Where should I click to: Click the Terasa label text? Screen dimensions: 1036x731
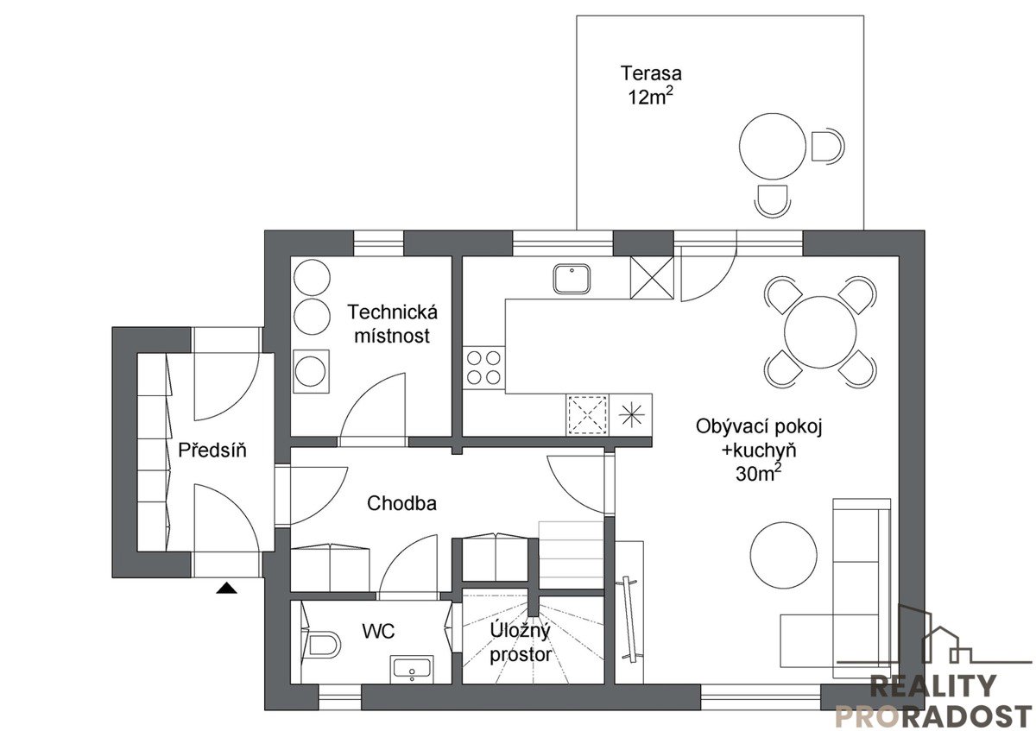(651, 73)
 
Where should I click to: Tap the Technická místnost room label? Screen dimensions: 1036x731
(392, 324)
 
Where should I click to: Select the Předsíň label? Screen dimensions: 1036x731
(212, 450)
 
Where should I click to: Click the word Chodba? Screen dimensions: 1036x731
(401, 503)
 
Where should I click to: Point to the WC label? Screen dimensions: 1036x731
(379, 631)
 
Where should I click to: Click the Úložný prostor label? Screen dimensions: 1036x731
(521, 643)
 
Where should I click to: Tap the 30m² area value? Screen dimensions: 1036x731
(761, 474)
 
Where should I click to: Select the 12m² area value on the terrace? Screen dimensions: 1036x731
(651, 97)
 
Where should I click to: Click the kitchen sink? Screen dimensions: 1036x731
(572, 279)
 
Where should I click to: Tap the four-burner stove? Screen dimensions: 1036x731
(483, 367)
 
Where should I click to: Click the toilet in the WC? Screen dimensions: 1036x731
(322, 643)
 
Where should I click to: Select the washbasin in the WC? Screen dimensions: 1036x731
(412, 669)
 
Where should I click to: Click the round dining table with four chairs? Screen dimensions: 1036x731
(820, 332)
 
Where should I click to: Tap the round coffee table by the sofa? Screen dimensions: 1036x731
(784, 555)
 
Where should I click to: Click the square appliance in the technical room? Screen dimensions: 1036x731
(312, 371)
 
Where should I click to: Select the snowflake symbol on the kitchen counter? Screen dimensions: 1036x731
(631, 415)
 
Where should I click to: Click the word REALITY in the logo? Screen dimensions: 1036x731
(933, 686)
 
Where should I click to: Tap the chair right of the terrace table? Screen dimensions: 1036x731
(827, 146)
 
